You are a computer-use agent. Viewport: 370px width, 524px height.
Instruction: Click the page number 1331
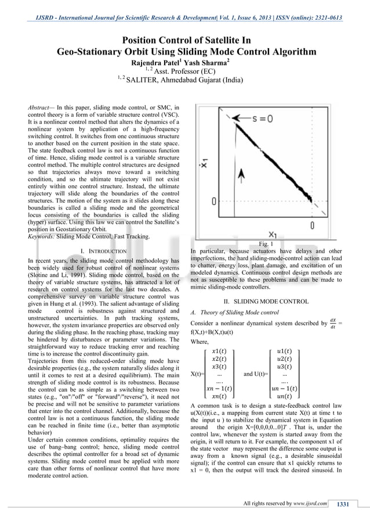pyautogui.click(x=344, y=504)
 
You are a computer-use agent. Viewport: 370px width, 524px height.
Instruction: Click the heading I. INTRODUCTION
pyautogui.click(x=104, y=250)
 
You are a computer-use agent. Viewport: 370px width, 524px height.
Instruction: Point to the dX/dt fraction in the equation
pyautogui.click(x=332, y=322)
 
